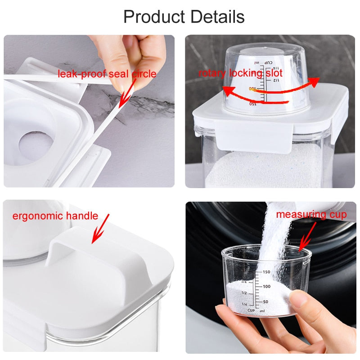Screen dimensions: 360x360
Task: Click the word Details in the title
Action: (217, 17)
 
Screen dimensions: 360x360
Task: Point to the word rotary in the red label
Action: (213, 73)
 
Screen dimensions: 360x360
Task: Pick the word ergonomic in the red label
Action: (38, 216)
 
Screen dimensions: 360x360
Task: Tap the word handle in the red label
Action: (82, 216)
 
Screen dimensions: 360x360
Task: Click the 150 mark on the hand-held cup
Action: (266, 272)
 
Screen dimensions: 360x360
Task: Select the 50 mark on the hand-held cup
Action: (265, 301)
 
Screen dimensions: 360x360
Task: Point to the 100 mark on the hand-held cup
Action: (266, 286)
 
